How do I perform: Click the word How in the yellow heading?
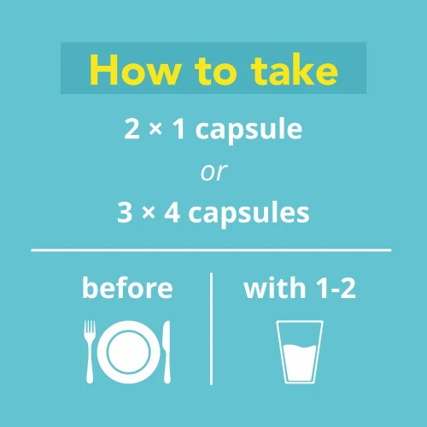(136, 70)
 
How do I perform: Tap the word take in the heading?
(295, 70)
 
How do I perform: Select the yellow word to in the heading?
(216, 71)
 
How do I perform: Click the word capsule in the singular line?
(249, 130)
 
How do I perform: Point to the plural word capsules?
(249, 213)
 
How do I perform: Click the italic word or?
(213, 172)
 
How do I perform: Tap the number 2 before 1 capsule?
(132, 129)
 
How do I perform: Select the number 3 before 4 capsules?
(125, 213)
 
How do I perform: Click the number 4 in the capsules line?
(173, 213)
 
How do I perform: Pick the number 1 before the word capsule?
(179, 129)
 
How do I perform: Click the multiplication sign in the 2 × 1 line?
(155, 130)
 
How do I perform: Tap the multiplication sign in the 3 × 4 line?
(149, 213)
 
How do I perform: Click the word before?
(127, 288)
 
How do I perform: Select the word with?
(275, 288)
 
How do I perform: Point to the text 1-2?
(336, 289)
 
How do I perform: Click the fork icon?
(90, 352)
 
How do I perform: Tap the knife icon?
(167, 352)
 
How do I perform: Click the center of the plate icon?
(129, 352)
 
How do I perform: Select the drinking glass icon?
(300, 352)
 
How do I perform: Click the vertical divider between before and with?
(211, 329)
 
